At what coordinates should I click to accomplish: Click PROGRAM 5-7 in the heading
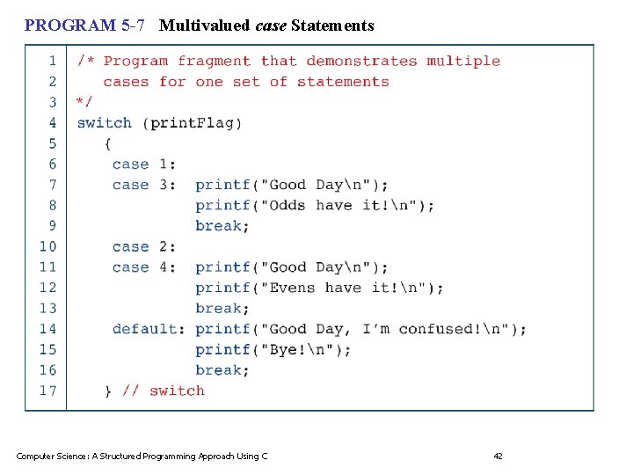(84, 26)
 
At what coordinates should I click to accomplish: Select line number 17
(47, 391)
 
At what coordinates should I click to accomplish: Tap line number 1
(52, 61)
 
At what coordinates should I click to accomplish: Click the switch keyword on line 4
(104, 123)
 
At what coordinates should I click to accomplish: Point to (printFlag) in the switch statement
(193, 123)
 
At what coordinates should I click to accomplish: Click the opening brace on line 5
(108, 143)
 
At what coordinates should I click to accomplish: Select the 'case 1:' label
(144, 164)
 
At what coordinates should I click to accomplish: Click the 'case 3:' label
(144, 185)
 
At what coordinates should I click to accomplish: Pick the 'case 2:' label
(144, 247)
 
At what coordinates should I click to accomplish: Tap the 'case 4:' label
(144, 267)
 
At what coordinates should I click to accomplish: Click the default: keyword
(149, 329)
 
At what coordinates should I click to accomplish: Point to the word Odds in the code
(288, 206)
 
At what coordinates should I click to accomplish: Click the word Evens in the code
(293, 288)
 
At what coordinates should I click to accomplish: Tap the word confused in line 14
(436, 329)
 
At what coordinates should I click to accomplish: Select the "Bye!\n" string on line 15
(297, 350)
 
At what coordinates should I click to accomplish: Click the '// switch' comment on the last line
(163, 391)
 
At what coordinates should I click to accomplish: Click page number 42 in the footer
(498, 456)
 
